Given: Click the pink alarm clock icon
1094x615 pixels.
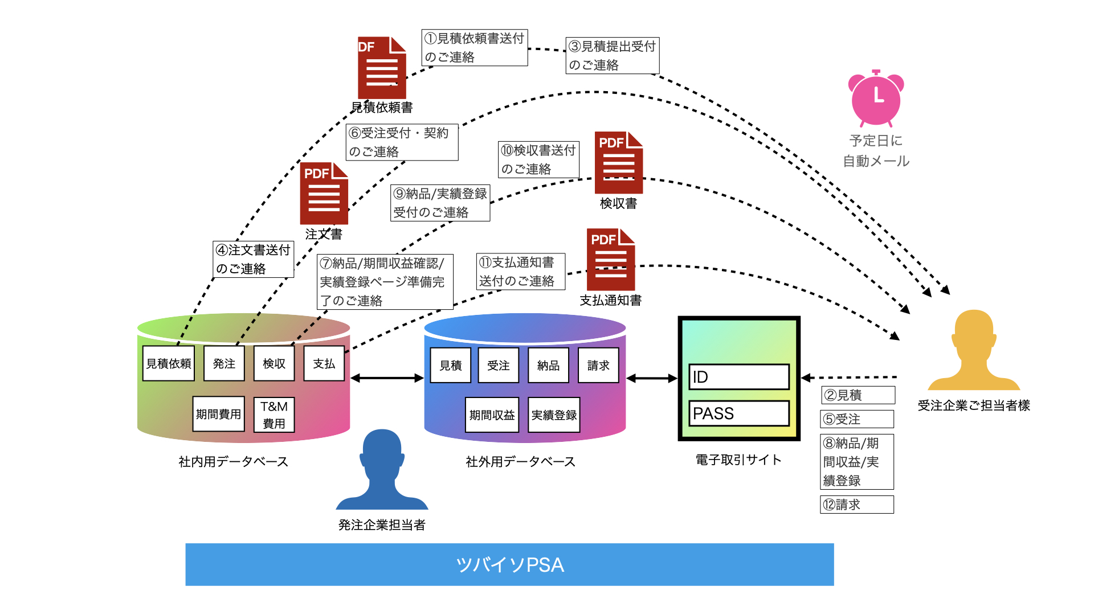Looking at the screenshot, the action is click(876, 99).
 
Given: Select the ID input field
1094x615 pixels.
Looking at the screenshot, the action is click(739, 377).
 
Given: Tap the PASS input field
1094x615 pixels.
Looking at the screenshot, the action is click(739, 413).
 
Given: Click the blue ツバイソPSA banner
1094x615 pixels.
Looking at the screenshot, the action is click(509, 564).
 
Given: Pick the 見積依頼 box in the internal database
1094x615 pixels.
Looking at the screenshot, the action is click(169, 363).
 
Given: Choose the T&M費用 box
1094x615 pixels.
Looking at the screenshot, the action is click(274, 415).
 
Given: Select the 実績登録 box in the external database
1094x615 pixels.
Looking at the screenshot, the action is click(554, 415).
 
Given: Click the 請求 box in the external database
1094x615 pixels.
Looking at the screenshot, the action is click(598, 366).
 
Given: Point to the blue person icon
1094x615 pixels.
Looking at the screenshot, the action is click(382, 469).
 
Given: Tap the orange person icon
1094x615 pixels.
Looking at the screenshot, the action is click(974, 350).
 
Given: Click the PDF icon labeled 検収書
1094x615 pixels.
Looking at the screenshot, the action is click(619, 163).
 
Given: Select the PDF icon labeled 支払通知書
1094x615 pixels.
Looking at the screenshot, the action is click(611, 260).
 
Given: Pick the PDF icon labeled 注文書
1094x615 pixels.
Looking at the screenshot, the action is click(324, 194).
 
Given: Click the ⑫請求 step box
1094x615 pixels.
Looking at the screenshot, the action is click(857, 505).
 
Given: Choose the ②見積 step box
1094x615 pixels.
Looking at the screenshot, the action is click(858, 395).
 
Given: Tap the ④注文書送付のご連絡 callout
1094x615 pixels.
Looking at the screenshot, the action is click(254, 259).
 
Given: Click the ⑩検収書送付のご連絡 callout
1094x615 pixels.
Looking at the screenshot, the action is click(538, 159).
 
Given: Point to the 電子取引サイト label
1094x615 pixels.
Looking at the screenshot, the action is click(738, 460).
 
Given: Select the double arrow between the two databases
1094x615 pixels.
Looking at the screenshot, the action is click(387, 378).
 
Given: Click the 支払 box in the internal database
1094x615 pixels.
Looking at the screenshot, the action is click(324, 363).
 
